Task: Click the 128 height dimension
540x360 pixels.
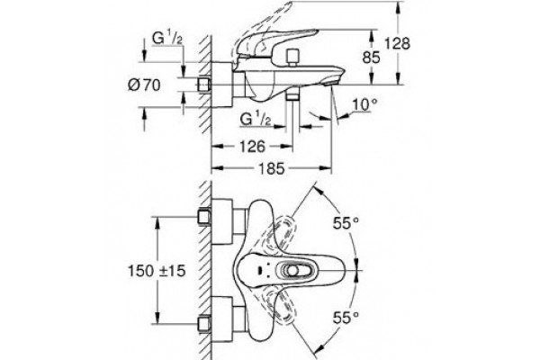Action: click(x=397, y=44)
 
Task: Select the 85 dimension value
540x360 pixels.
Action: click(x=371, y=58)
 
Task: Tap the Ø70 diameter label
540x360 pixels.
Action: click(x=144, y=85)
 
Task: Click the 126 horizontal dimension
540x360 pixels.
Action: click(x=252, y=147)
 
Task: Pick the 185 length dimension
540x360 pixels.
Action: click(x=272, y=168)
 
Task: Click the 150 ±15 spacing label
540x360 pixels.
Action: click(x=157, y=271)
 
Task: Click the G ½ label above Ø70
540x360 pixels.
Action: click(x=167, y=39)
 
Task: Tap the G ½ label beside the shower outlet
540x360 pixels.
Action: click(x=256, y=119)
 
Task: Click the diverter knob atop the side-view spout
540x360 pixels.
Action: click(x=293, y=57)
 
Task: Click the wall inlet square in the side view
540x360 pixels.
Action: click(x=204, y=85)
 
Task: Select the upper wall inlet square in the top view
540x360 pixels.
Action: click(x=204, y=217)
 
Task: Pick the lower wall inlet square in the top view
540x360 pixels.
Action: click(x=204, y=324)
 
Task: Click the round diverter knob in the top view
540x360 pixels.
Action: click(x=292, y=271)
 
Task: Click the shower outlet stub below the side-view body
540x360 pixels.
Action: click(x=292, y=96)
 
